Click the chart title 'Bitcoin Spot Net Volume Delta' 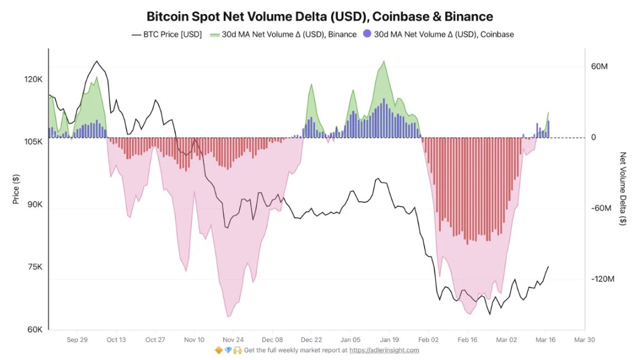point(320,17)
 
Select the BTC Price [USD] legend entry point(166,34)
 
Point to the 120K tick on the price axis point(34,79)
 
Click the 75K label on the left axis point(35,267)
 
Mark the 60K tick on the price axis point(35,329)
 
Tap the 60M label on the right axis point(599,67)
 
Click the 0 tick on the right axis point(593,138)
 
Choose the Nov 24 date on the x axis point(233,339)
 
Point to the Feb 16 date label point(466,339)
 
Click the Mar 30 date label point(584,339)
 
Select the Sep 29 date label point(77,339)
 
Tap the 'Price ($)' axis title point(16,189)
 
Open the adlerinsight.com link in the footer point(384,350)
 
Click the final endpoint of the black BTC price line point(549,267)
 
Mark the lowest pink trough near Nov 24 point(228,317)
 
